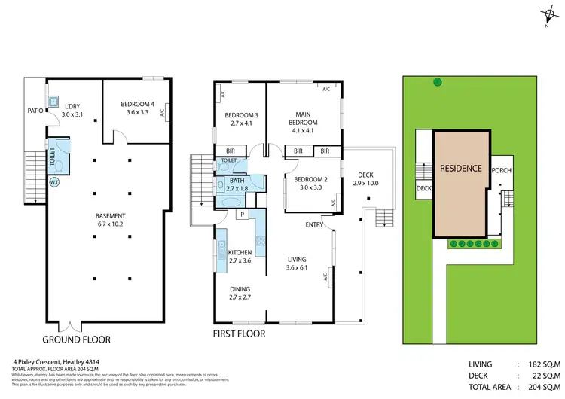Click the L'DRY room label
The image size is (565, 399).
tap(72, 109)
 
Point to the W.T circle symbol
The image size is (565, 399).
tap(55, 182)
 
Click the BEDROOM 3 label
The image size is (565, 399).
tap(242, 119)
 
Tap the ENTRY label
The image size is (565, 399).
tap(315, 224)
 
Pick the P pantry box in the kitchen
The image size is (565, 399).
tap(242, 214)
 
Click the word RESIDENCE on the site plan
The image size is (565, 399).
tap(460, 168)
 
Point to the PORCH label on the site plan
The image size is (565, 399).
tap(501, 170)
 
